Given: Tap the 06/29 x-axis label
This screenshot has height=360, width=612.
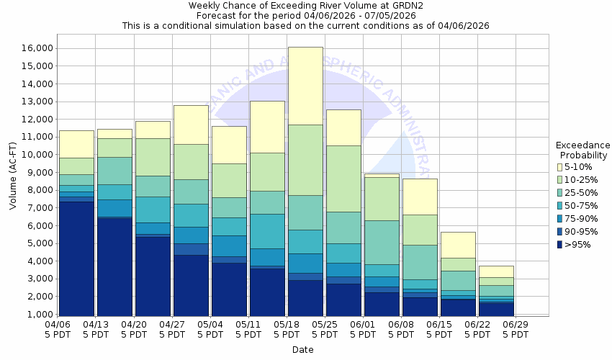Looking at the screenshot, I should pyautogui.click(x=516, y=329).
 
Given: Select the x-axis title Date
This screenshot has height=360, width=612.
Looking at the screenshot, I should pyautogui.click(x=302, y=350).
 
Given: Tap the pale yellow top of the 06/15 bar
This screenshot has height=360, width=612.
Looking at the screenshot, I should pyautogui.click(x=457, y=245).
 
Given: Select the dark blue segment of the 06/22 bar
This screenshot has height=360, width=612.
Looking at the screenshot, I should pyautogui.click(x=496, y=309).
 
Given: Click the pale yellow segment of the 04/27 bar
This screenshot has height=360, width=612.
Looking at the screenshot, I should pyautogui.click(x=191, y=125).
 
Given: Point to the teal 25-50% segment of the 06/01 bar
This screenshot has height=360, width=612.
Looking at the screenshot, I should pyautogui.click(x=382, y=242).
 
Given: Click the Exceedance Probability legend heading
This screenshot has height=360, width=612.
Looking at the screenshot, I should pyautogui.click(x=583, y=150).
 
